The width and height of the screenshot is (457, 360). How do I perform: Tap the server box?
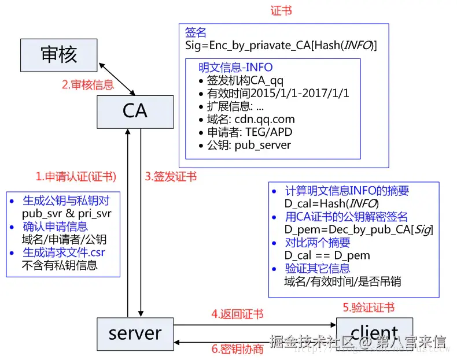(x=135, y=333)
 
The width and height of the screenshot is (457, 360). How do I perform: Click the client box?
(x=374, y=333)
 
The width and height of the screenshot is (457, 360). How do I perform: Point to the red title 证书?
(x=281, y=11)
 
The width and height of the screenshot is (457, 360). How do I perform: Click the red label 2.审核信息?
(x=88, y=84)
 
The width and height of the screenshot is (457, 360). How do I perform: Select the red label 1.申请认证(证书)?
(x=76, y=177)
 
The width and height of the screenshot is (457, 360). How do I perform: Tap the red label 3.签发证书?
(x=170, y=177)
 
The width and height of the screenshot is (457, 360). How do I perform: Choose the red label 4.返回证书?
(x=237, y=314)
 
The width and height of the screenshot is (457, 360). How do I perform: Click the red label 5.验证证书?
(x=368, y=307)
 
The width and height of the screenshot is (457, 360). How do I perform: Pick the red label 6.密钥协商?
(x=237, y=349)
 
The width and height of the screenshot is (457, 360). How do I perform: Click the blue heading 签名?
(x=196, y=32)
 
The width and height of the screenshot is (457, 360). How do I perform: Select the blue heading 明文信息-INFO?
(x=235, y=68)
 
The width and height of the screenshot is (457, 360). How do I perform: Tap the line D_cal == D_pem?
(x=327, y=255)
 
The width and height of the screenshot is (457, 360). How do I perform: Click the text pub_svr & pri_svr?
(x=67, y=213)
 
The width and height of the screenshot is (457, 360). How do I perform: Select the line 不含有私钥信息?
(x=59, y=265)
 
